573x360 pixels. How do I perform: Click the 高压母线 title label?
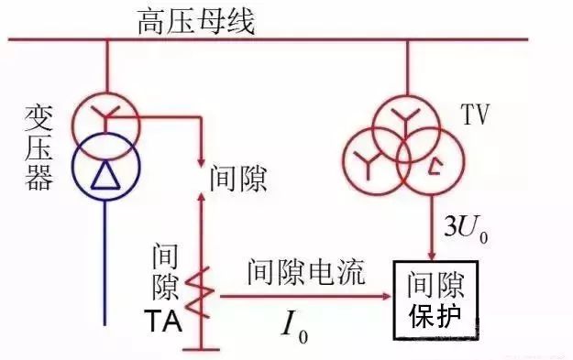[195, 18]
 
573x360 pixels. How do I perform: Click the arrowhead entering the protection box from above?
[432, 254]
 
